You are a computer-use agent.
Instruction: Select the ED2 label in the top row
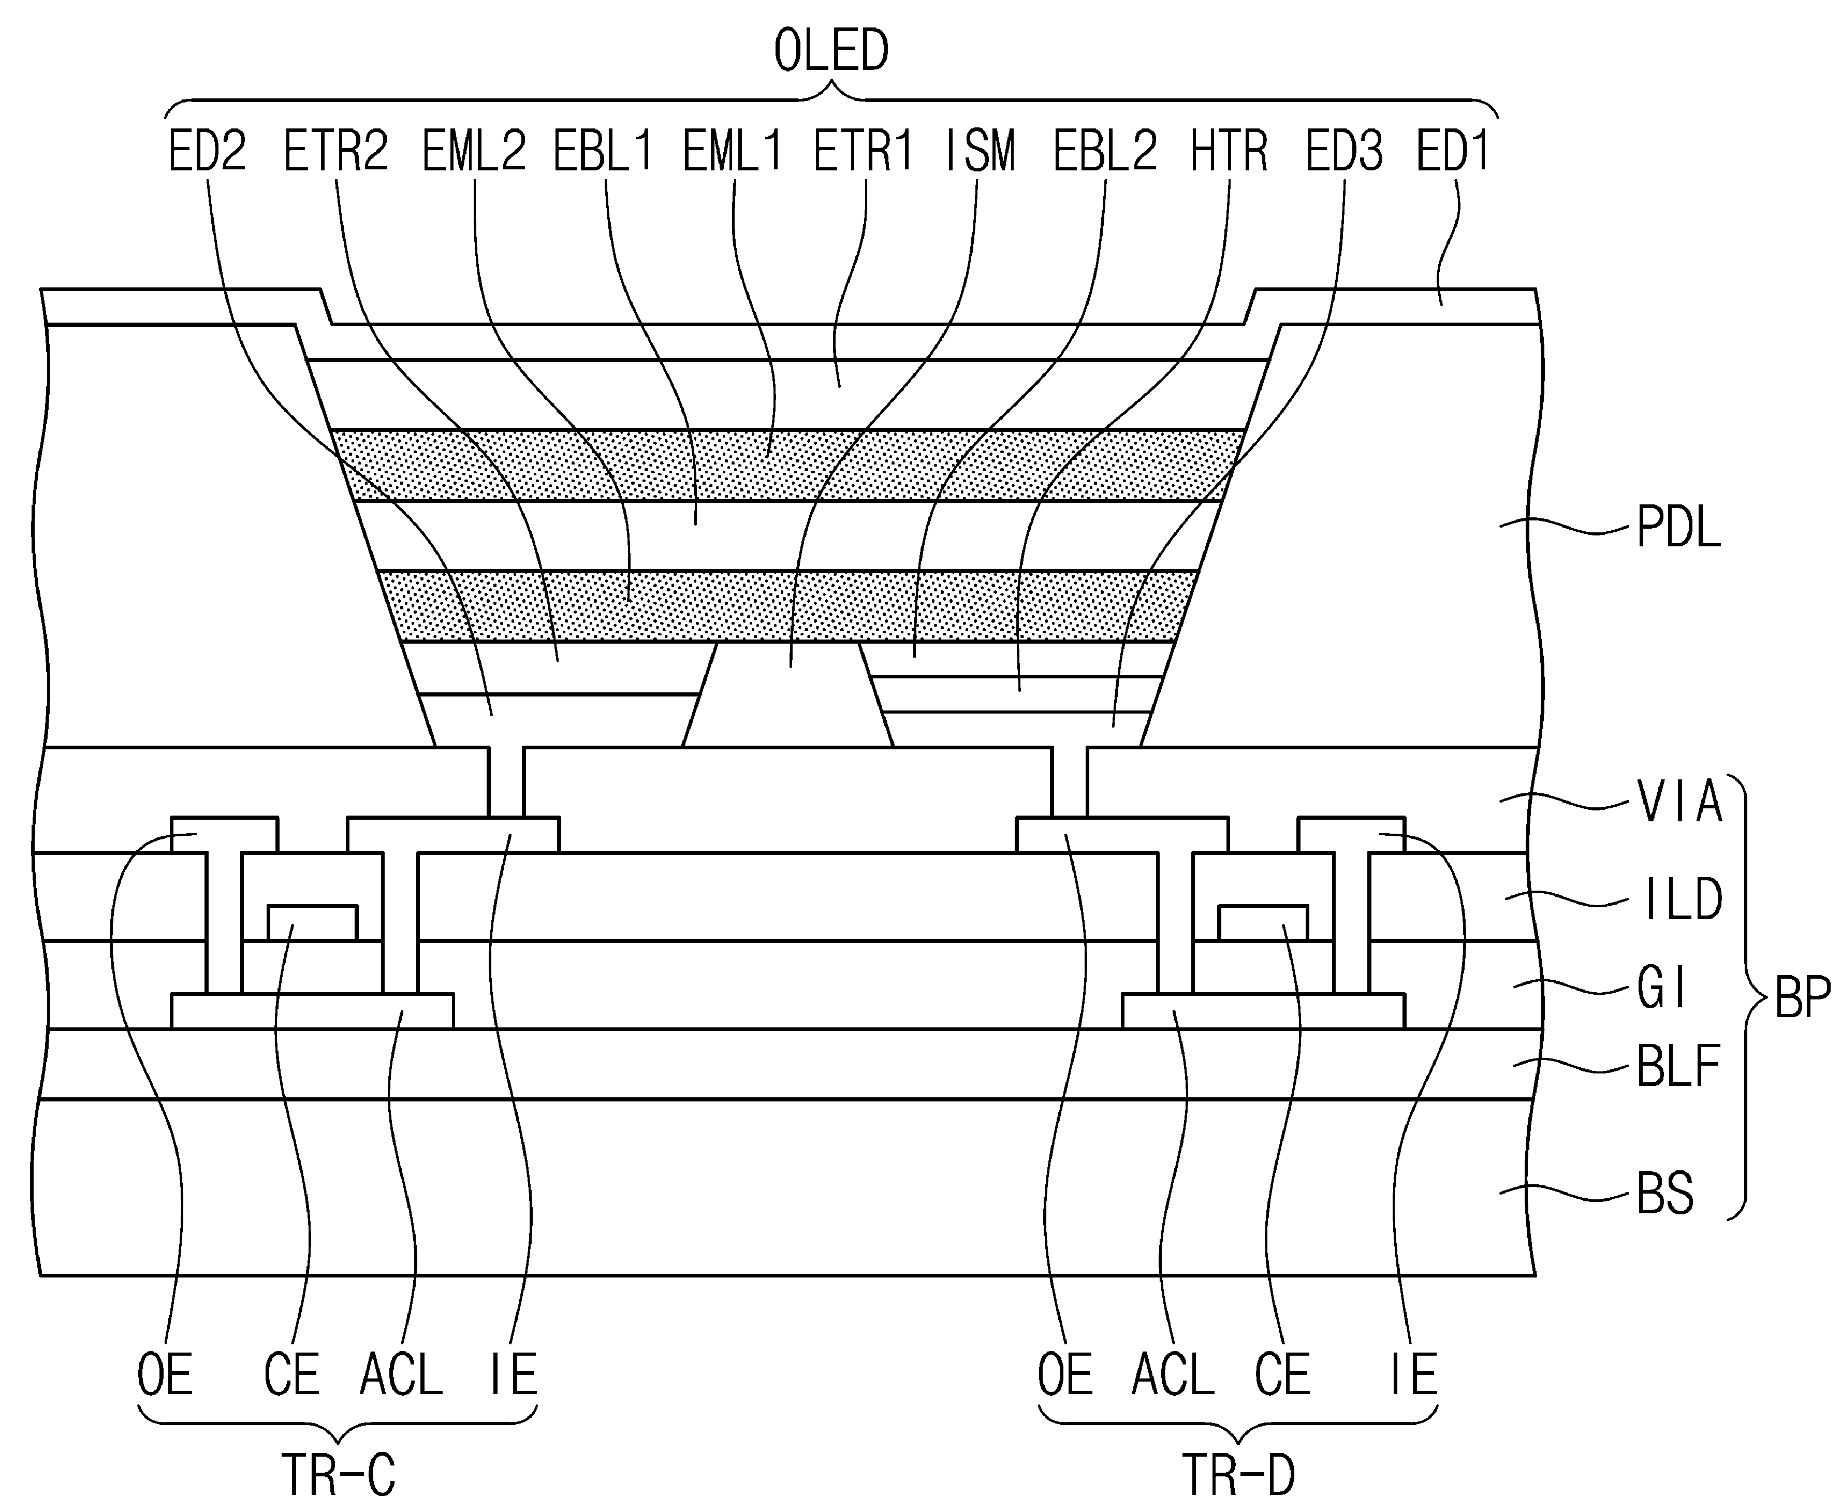[x=207, y=151]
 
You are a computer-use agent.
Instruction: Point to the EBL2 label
[x=1105, y=151]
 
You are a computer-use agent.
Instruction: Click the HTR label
[x=1229, y=151]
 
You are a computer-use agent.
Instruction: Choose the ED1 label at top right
[x=1453, y=151]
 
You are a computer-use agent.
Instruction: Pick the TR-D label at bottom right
[x=1238, y=1475]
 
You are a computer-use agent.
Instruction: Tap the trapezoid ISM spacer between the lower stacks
[x=788, y=694]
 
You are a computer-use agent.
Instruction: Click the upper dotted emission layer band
[x=788, y=466]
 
